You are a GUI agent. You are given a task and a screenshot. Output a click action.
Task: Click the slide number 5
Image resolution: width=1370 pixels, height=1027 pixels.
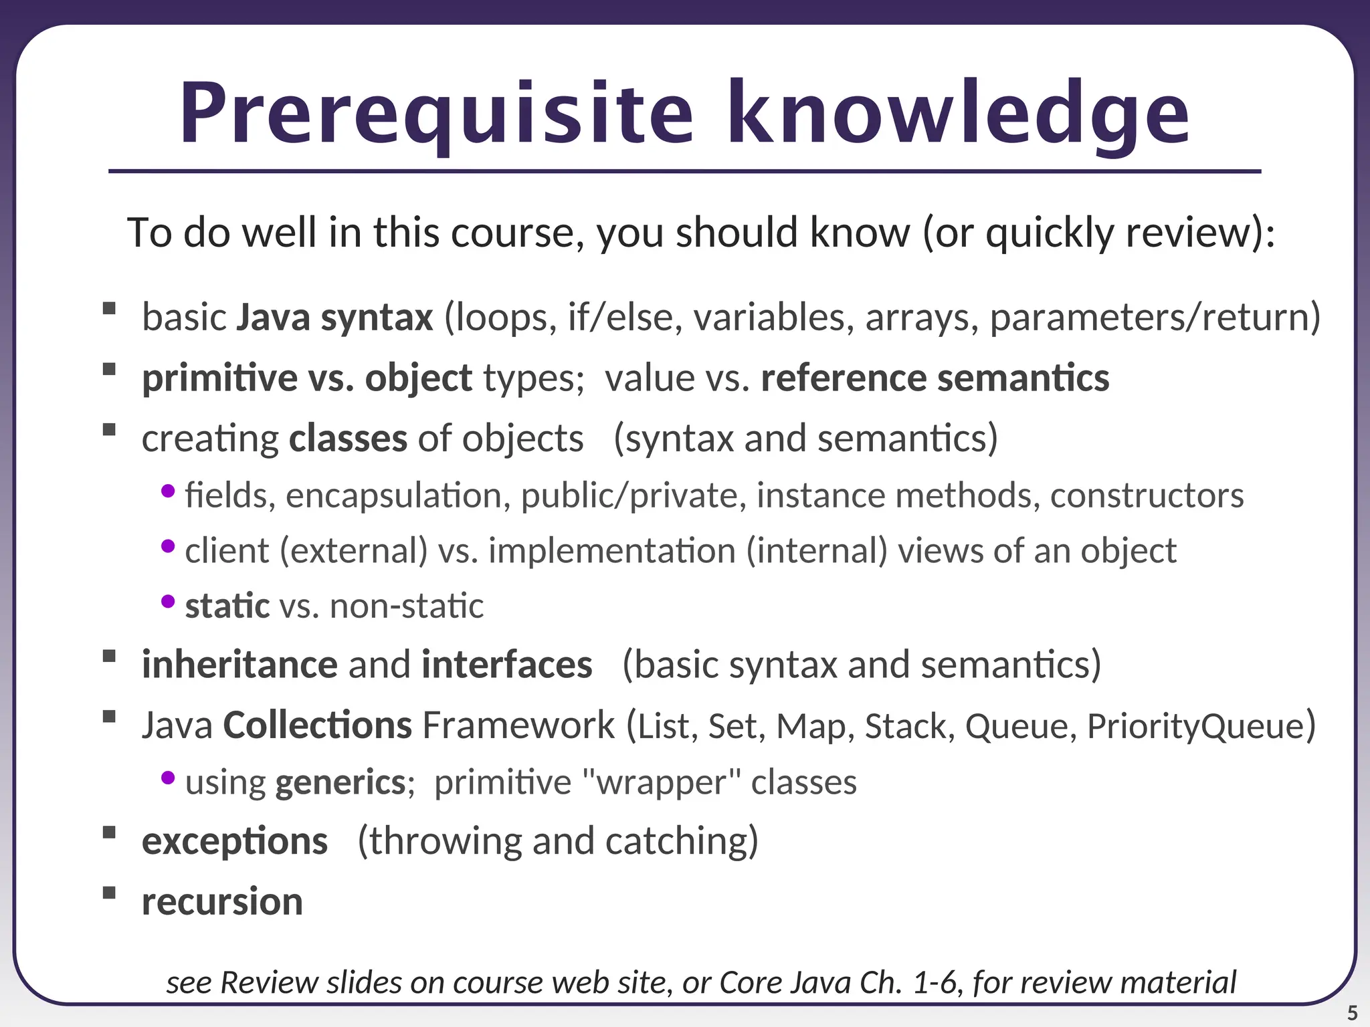[x=1352, y=1013]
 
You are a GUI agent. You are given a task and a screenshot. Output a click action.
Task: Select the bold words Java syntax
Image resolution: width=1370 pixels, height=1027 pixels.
[x=334, y=318]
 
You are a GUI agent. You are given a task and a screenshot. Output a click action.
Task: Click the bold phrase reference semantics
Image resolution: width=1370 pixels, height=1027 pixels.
[x=935, y=378]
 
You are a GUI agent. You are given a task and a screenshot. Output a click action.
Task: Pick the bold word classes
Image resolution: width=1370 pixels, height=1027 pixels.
[x=348, y=439]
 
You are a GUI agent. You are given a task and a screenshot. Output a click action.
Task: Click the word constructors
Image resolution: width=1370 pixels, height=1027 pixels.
[x=1147, y=496]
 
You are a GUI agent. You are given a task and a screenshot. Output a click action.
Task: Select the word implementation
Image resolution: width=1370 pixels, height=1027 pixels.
[x=612, y=552]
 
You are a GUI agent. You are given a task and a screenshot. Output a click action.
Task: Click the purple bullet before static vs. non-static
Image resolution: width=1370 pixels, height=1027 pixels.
[x=168, y=602]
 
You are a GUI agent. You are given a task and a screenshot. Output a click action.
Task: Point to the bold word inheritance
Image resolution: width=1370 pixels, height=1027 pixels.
[x=239, y=665]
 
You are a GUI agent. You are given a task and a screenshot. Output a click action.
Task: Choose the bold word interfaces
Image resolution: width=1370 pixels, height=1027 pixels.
[x=506, y=665]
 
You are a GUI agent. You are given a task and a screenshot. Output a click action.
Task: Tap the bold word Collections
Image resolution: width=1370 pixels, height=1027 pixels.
[x=317, y=725]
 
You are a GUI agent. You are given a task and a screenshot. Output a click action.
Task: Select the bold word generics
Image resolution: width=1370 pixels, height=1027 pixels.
[x=340, y=782]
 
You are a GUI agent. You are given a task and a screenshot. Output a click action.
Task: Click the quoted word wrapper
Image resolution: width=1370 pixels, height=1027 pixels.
[x=662, y=782]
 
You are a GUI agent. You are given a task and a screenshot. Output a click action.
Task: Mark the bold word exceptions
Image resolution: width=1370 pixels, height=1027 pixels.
[x=235, y=841]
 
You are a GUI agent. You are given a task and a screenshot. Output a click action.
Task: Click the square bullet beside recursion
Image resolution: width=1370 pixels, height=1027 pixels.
[x=109, y=893]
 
